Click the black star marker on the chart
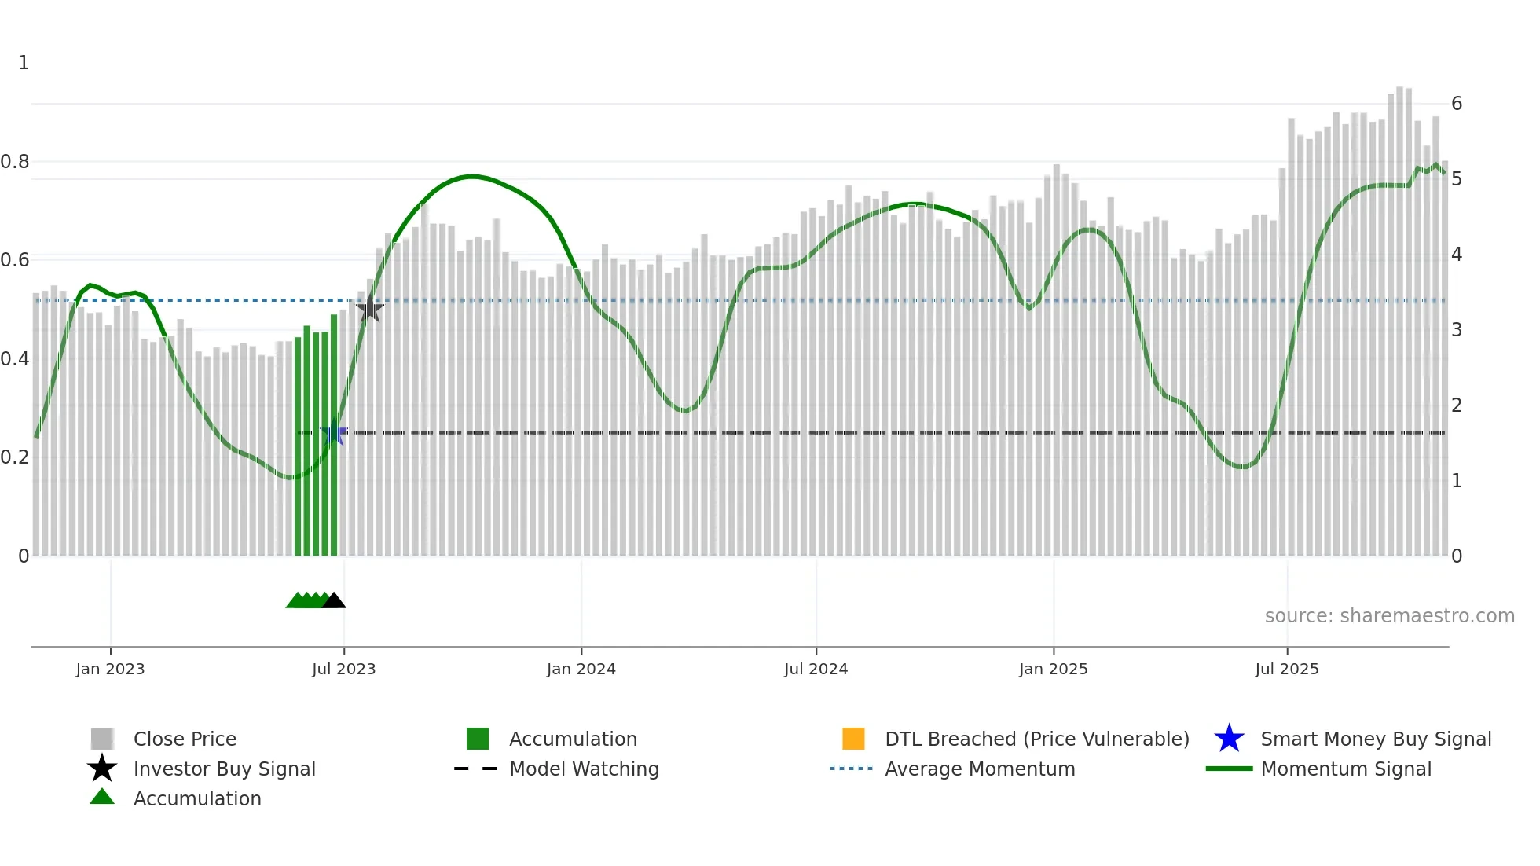point(369,308)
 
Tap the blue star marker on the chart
point(334,433)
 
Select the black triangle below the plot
point(334,601)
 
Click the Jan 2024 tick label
point(581,670)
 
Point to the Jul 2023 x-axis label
point(343,670)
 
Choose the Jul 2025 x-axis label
point(1286,670)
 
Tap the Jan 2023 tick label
point(110,670)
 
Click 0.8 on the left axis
point(14,162)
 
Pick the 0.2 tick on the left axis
point(14,457)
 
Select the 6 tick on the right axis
point(1456,104)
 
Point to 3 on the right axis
point(1456,330)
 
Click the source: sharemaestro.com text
point(1389,616)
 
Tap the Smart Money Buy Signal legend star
point(1229,739)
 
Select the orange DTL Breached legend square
point(853,739)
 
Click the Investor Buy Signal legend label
point(225,769)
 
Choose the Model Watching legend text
point(584,769)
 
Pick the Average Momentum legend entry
point(980,769)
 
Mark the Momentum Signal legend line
point(1229,769)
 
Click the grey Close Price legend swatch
point(102,739)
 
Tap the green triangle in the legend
point(102,798)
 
